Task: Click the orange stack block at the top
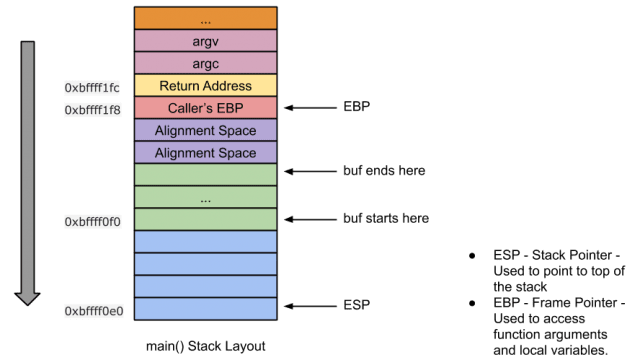[206, 19]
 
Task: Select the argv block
[206, 41]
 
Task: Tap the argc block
[206, 63]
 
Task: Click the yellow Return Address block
[206, 86]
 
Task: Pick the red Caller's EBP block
[206, 108]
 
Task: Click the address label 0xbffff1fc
[93, 87]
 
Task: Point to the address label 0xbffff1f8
[93, 109]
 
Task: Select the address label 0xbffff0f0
[93, 220]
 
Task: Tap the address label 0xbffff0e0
[93, 311]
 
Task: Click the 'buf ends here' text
[384, 171]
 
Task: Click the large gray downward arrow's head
[27, 296]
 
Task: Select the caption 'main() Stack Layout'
[206, 346]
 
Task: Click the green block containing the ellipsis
[206, 197]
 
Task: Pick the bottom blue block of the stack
[206, 308]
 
